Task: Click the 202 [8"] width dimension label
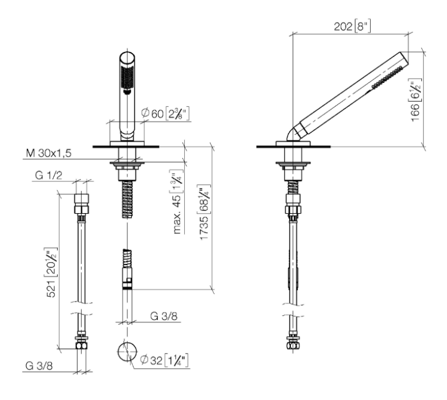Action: pos(352,26)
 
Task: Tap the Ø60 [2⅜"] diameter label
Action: pos(165,113)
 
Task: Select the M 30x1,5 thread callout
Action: pos(48,153)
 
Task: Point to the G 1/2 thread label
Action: pos(48,175)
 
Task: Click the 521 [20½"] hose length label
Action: pos(52,272)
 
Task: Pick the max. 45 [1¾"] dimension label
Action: pos(178,202)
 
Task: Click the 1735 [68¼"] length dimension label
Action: pos(204,213)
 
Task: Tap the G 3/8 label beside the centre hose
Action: pos(164,316)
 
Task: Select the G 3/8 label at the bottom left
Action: pos(39,366)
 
